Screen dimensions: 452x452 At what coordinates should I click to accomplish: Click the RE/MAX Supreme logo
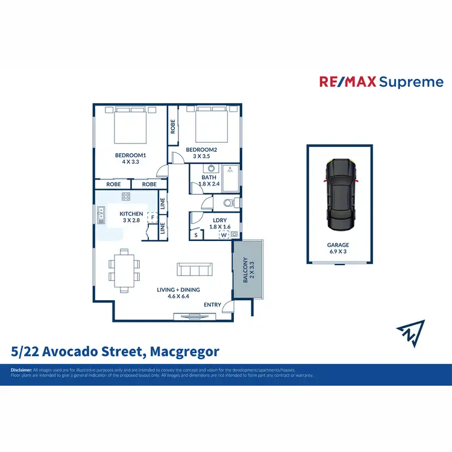click(x=380, y=82)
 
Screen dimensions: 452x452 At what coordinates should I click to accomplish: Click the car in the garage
click(x=338, y=195)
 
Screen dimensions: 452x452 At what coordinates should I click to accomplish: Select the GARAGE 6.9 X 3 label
click(x=338, y=248)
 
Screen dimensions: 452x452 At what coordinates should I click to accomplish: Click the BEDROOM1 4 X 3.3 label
click(x=131, y=158)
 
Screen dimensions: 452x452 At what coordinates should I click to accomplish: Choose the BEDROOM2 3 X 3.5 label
click(x=201, y=152)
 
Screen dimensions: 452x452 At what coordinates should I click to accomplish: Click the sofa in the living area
click(x=194, y=269)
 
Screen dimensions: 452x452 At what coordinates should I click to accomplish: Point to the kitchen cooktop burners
click(x=126, y=196)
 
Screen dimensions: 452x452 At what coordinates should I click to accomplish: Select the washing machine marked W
click(x=224, y=234)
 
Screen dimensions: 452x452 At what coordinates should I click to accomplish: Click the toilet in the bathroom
click(x=230, y=202)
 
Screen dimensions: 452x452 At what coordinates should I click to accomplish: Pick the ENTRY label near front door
click(x=212, y=305)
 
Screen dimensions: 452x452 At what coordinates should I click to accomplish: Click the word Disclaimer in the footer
click(x=20, y=369)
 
